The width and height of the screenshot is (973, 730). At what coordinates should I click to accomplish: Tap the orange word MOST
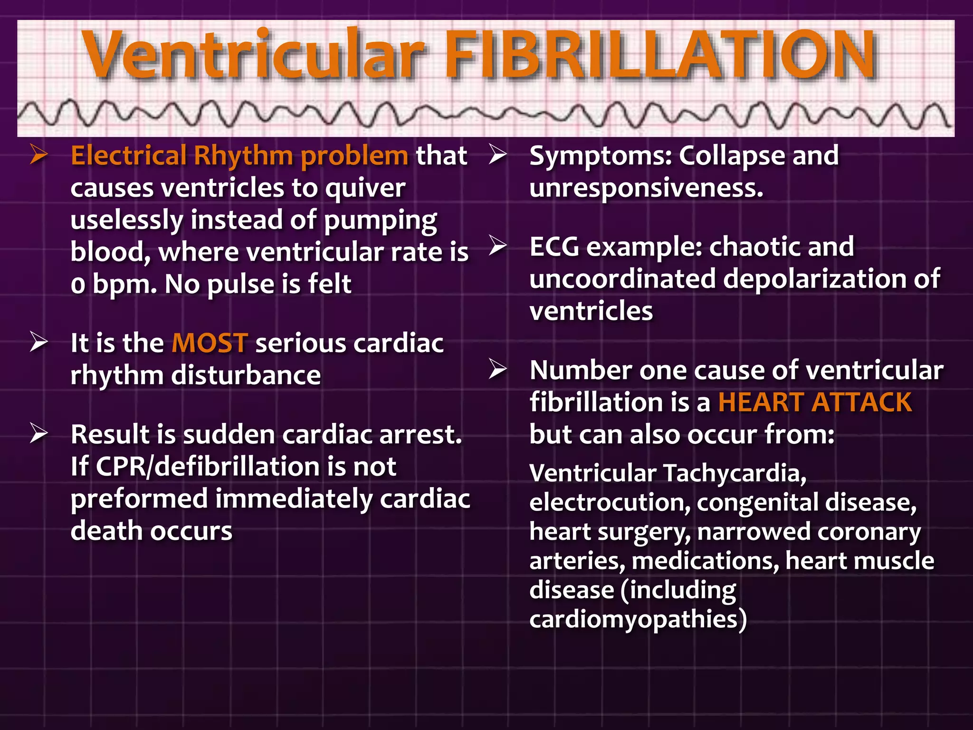tap(210, 343)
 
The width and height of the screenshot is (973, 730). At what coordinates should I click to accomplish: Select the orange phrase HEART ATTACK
tap(814, 403)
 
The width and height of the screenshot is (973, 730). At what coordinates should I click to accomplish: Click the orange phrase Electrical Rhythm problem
tap(239, 156)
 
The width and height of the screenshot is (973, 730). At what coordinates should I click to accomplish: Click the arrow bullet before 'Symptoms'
tap(497, 155)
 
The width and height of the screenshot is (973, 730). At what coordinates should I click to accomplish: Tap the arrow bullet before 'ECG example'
tap(497, 246)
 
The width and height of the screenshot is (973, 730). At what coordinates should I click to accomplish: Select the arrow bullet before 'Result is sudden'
tap(39, 433)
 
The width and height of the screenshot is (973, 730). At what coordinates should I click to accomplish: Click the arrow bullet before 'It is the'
tap(39, 342)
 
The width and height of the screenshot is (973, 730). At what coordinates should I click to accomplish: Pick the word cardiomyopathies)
tap(638, 619)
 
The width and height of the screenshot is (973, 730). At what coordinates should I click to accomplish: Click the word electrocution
tap(610, 503)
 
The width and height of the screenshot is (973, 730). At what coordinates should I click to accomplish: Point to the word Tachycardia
tap(735, 473)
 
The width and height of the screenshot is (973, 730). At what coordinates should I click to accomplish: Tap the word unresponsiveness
tap(646, 188)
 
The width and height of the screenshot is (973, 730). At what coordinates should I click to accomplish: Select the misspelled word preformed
tap(139, 499)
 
